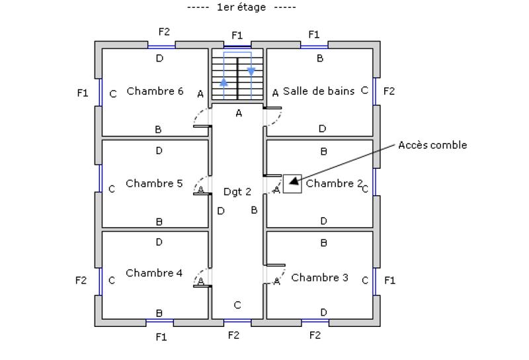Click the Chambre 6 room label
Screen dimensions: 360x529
(x=155, y=91)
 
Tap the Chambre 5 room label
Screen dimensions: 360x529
(x=154, y=183)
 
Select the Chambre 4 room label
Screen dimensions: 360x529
(x=154, y=273)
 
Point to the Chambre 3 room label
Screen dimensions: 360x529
(x=319, y=277)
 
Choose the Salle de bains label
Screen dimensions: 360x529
(x=319, y=91)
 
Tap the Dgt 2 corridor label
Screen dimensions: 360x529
(x=237, y=191)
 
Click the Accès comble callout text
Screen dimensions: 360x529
(x=432, y=145)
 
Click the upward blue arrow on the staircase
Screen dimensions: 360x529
(x=224, y=82)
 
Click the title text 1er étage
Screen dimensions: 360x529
(x=241, y=7)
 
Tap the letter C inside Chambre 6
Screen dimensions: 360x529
(x=113, y=94)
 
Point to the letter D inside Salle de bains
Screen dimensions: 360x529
(x=322, y=128)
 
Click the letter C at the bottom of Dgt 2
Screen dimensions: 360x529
(x=237, y=305)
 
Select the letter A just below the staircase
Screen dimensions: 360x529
(x=239, y=113)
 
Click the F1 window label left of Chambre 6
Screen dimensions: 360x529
(x=82, y=93)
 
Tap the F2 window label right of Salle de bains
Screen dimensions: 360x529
(x=389, y=91)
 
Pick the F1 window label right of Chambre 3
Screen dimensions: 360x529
(x=389, y=281)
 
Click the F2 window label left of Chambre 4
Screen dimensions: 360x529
(x=81, y=281)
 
